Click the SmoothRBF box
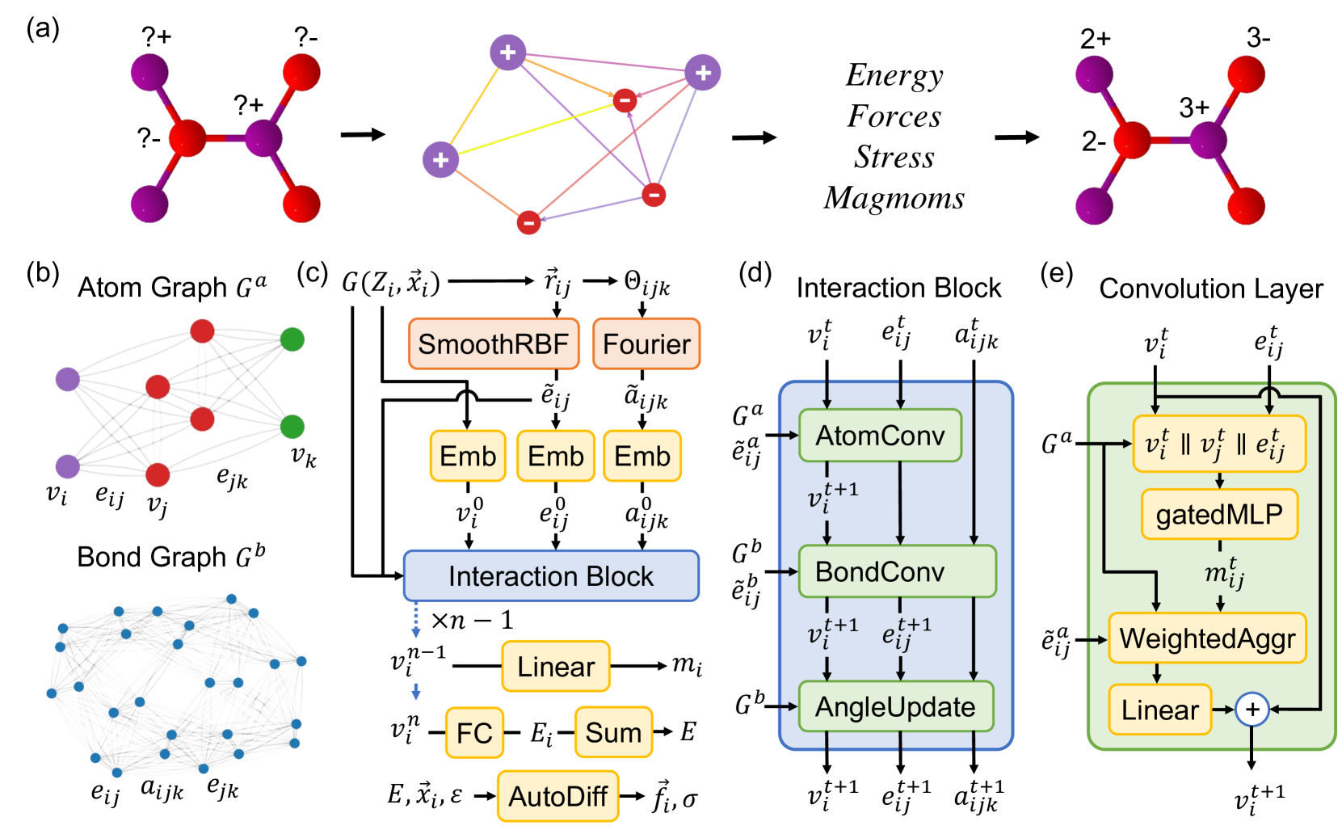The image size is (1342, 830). (493, 344)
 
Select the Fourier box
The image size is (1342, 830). (646, 344)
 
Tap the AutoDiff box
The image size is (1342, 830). (557, 797)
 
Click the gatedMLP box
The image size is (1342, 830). (1218, 514)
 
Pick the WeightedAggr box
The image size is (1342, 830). (1207, 638)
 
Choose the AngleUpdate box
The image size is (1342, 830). (895, 707)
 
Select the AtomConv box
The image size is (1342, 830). (880, 436)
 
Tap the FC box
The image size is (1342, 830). (474, 733)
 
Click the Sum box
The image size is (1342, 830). (613, 733)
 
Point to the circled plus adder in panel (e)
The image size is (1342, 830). (1252, 710)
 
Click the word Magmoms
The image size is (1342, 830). (894, 198)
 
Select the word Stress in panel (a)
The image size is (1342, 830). (894, 157)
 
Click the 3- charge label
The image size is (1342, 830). (1258, 38)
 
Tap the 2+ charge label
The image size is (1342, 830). (1096, 38)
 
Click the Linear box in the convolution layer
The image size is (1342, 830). (1159, 710)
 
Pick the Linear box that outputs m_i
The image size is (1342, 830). (556, 667)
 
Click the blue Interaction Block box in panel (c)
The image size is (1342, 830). (551, 576)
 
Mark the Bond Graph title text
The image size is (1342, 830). (170, 557)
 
